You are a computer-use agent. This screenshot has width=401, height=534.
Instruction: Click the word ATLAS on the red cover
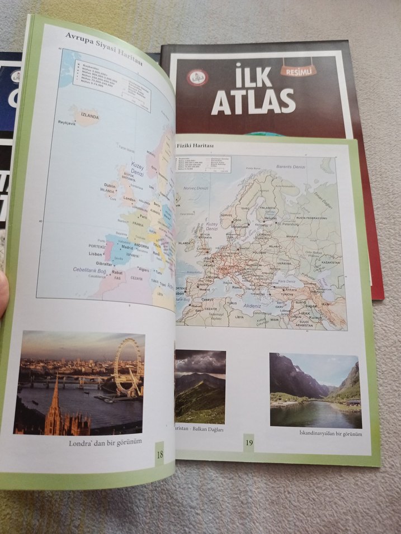[x=253, y=101]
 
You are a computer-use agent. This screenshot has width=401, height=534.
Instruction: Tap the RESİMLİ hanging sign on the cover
[x=298, y=70]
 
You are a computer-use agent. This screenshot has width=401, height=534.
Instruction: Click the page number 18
[x=159, y=455]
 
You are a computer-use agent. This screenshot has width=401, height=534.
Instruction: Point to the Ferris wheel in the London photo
[x=128, y=366]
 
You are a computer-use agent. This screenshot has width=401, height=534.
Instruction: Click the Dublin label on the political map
[x=110, y=185]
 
